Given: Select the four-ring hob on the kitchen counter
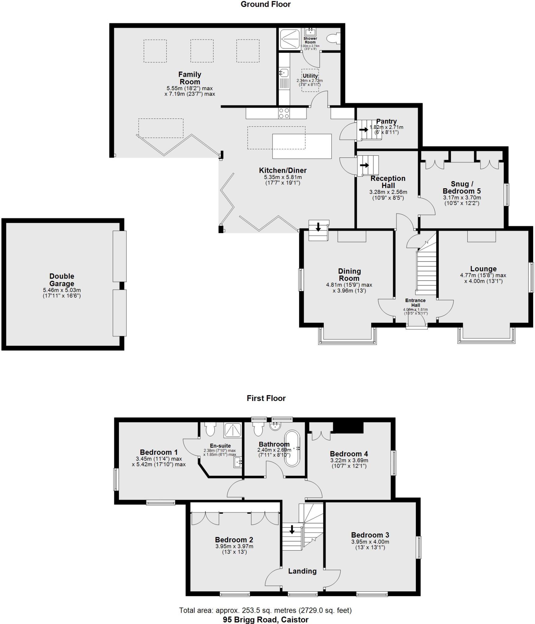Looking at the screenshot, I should coord(284,113).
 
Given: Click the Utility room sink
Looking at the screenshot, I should coord(284,73).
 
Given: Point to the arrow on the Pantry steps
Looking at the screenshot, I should coord(364,129).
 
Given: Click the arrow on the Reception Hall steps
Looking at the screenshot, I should coord(364,165).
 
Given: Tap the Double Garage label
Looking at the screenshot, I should coord(62,280).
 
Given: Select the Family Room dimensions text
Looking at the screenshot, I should coord(190,91).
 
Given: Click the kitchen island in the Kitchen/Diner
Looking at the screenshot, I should coord(302,146).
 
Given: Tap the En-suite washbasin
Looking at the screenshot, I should coord(238,463).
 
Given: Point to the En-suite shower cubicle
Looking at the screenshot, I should coord(233,430).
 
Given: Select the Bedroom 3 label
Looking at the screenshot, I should coord(370,535).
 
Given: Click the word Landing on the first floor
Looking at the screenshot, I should coord(302,571).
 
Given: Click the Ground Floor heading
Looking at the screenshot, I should coord(266,4).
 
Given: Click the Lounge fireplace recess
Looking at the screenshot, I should coord(481,236).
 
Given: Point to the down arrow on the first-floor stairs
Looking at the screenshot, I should coord(292,530).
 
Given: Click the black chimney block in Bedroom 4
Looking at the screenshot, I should coord(348,427).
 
